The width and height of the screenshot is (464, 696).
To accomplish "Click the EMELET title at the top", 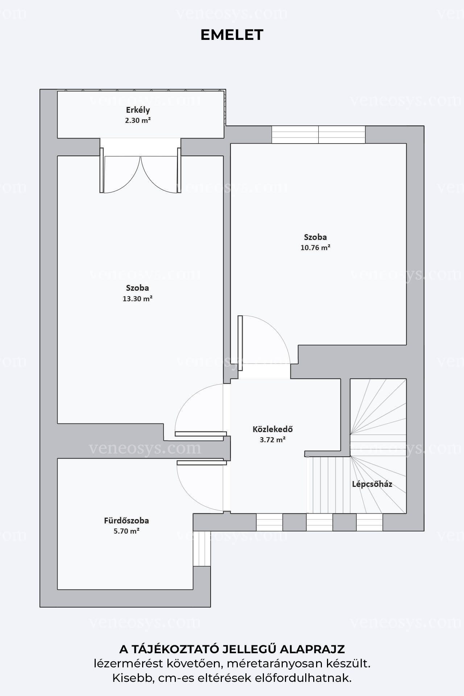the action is pyautogui.click(x=232, y=35).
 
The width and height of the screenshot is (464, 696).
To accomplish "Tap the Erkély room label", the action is pyautogui.click(x=138, y=110).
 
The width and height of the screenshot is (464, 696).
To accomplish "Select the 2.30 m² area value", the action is pyautogui.click(x=138, y=120).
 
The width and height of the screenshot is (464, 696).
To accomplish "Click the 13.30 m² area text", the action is pyautogui.click(x=137, y=299).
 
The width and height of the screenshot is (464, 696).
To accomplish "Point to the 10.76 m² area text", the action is pyautogui.click(x=315, y=248).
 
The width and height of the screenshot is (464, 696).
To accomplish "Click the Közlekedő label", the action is pyautogui.click(x=273, y=429).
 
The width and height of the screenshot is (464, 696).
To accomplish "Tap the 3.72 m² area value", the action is pyautogui.click(x=273, y=440).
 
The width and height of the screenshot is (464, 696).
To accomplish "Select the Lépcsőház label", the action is pyautogui.click(x=372, y=484).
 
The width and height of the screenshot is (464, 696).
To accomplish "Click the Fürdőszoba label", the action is pyautogui.click(x=127, y=521).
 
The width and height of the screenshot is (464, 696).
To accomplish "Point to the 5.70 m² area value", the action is pyautogui.click(x=127, y=531).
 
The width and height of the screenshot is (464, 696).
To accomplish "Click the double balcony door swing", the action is pyautogui.click(x=140, y=174).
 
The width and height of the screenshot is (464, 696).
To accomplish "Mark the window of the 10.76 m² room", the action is pyautogui.click(x=319, y=134).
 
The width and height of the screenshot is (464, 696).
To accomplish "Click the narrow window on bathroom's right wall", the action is pyautogui.click(x=202, y=548).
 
